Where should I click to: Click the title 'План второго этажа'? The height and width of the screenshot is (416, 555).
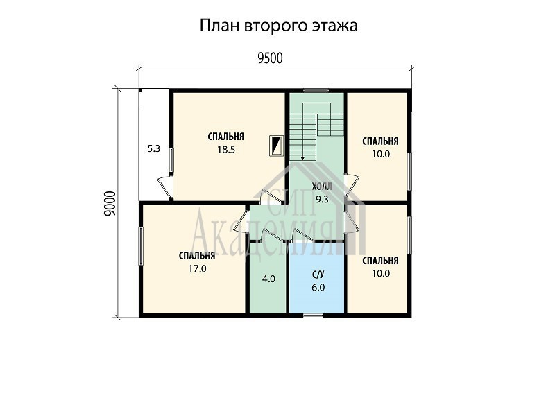(x=279, y=26)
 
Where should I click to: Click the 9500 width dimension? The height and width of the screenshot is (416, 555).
(x=270, y=58)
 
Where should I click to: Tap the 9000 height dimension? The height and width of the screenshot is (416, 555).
(x=110, y=203)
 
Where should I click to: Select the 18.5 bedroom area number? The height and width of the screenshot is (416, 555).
(x=226, y=150)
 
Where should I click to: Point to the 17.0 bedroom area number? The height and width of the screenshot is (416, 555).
(x=197, y=269)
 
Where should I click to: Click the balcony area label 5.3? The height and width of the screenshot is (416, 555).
(x=153, y=148)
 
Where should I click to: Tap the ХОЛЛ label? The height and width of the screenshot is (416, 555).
(x=322, y=187)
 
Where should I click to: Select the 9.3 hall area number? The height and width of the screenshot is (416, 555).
(x=322, y=199)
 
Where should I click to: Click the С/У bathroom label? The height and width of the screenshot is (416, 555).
(x=318, y=275)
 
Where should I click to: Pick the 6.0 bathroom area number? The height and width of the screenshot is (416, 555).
(x=318, y=287)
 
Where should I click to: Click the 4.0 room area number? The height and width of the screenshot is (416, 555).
(x=268, y=279)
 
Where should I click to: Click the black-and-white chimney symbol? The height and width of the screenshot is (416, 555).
(x=275, y=146)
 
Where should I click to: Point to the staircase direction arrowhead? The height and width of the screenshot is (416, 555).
(x=302, y=158)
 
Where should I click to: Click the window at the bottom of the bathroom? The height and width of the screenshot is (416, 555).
(x=314, y=315)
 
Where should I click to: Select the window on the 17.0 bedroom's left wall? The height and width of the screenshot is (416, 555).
(x=141, y=246)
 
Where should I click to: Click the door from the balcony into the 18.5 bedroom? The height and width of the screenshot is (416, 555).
(x=165, y=187)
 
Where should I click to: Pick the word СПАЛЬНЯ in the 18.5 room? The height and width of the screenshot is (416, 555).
(x=226, y=137)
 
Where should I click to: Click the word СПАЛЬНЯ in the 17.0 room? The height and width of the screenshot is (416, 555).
(x=197, y=256)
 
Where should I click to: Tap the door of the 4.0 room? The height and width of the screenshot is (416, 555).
(x=273, y=235)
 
